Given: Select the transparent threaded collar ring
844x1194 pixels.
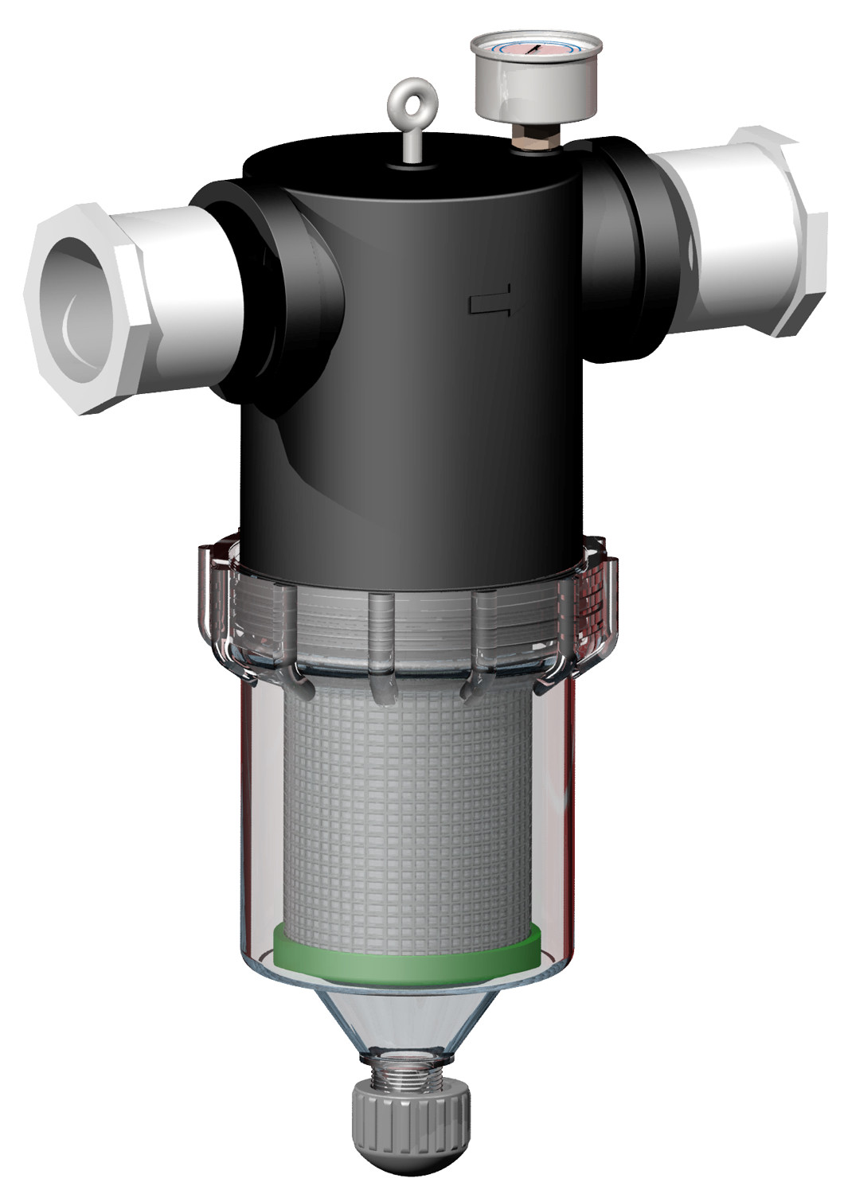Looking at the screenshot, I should coord(406,621).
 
